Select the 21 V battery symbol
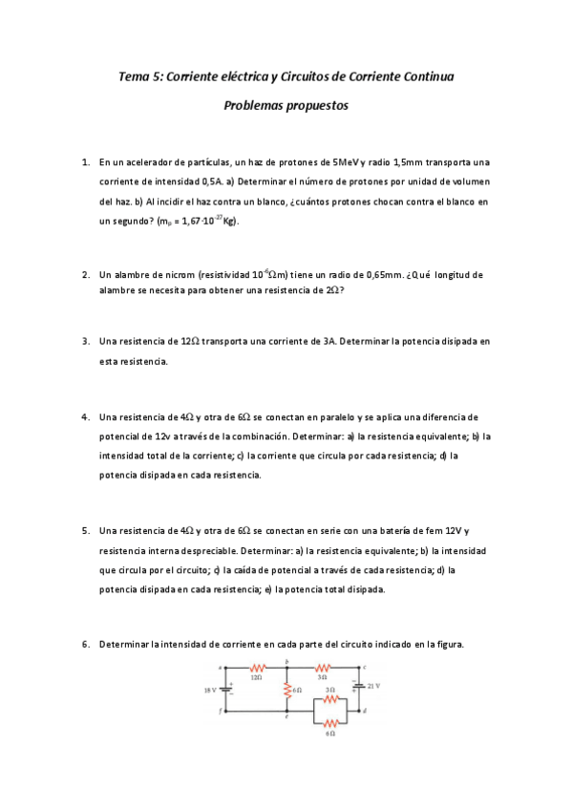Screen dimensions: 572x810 (359, 685)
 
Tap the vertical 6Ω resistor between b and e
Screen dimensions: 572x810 (287, 688)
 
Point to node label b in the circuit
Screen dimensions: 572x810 (287, 662)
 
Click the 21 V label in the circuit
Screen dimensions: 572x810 (374, 685)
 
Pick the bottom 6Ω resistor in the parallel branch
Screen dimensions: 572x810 (330, 723)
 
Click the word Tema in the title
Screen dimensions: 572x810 (133, 76)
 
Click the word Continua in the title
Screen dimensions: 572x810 (423, 76)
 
